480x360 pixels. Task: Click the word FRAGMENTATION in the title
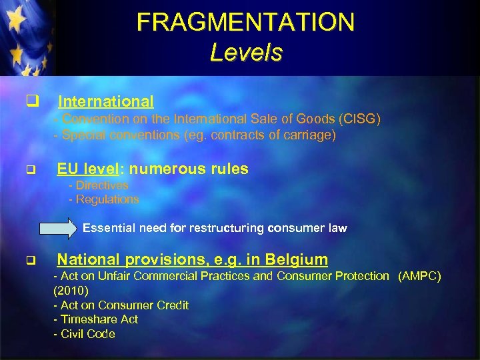pyautogui.click(x=245, y=23)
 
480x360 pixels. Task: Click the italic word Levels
pyautogui.click(x=245, y=52)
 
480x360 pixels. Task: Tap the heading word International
pyautogui.click(x=106, y=101)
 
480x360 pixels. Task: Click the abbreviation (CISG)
pyautogui.click(x=359, y=119)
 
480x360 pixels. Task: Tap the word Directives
pyautogui.click(x=102, y=185)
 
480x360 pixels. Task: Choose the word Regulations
pyautogui.click(x=107, y=199)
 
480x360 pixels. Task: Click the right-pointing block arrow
pyautogui.click(x=58, y=228)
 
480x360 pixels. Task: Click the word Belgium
pyautogui.click(x=295, y=259)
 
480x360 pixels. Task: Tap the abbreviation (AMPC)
pyautogui.click(x=419, y=276)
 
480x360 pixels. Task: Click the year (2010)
pyautogui.click(x=70, y=291)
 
